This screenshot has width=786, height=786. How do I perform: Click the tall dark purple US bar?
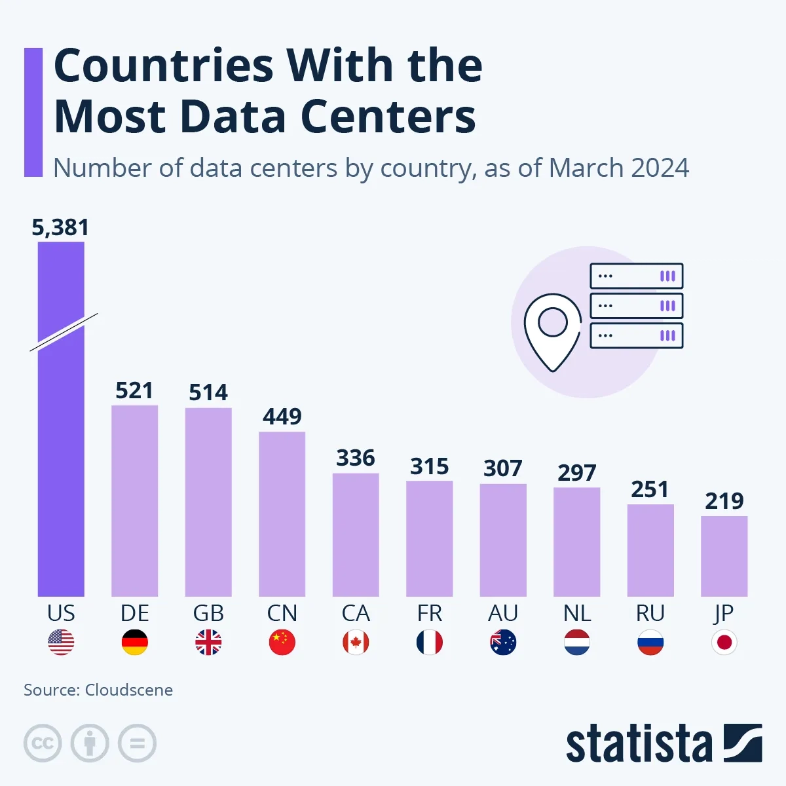[61, 458]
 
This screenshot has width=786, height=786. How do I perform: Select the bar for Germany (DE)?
[134, 501]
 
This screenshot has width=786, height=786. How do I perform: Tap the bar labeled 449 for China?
[282, 514]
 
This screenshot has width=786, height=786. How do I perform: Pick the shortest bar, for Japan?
[724, 557]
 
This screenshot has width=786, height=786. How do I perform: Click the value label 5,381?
[60, 227]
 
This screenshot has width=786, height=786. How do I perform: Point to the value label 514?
[208, 392]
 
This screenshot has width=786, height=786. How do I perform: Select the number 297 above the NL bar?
[576, 472]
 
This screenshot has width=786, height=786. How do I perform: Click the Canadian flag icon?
[356, 643]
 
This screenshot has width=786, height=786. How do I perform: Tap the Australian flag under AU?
[503, 643]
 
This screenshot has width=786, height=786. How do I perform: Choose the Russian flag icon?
[650, 643]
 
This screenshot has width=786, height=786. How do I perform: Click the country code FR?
[429, 613]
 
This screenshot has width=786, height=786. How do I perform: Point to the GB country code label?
[208, 613]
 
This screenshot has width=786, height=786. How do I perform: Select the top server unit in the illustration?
[636, 276]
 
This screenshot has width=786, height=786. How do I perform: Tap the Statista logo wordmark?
[639, 744]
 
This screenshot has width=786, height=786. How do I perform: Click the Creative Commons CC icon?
[43, 743]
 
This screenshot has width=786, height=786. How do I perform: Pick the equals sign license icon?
[137, 743]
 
